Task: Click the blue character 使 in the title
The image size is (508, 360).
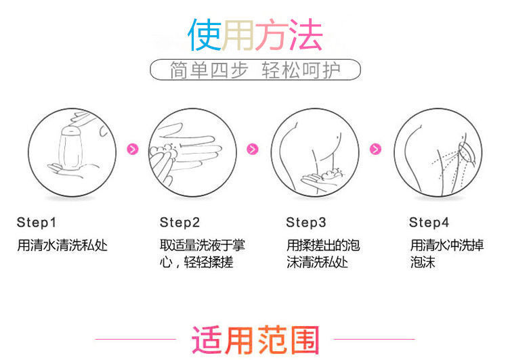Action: coord(205,35)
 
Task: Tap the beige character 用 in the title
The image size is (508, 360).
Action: coord(238,35)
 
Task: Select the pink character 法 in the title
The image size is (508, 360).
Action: coord(306,35)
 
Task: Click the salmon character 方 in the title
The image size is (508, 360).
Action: coord(272,35)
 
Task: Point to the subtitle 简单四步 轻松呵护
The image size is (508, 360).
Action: coord(255,70)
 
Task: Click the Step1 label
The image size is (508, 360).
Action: coord(37,223)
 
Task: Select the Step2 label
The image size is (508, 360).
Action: coord(179,223)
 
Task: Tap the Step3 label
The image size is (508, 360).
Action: coord(305,223)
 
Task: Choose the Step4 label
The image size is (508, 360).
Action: coord(429,223)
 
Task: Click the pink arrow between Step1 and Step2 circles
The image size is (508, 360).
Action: coord(133,149)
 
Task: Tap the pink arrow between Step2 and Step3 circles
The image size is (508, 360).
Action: coord(253,149)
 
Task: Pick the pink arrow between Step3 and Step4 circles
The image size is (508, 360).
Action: coord(375,149)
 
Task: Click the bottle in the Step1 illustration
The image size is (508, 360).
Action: coord(70,148)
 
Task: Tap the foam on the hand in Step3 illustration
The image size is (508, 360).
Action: coord(332,173)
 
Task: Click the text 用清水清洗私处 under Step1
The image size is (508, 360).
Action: coord(62,245)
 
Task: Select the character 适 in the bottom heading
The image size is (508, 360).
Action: coord(207,340)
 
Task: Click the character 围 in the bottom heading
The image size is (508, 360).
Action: coord(305,340)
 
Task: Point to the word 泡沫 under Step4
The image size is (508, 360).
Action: coord(423,262)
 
